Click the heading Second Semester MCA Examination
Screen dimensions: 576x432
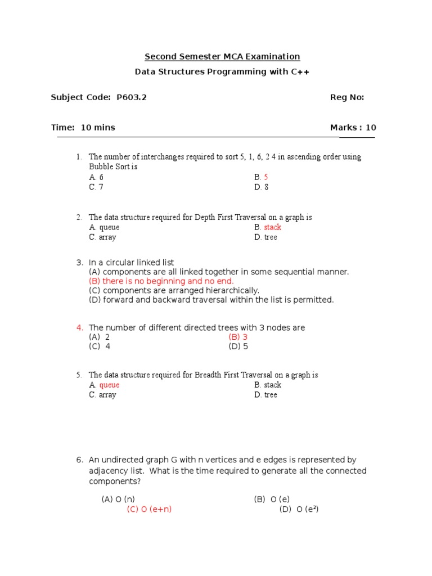(222, 56)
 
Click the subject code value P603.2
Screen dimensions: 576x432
(131, 97)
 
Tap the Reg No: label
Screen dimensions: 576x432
(347, 97)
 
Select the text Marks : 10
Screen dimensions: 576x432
(353, 128)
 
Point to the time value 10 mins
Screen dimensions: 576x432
(98, 128)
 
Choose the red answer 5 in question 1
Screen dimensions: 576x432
(266, 177)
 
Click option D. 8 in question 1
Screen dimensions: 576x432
(261, 187)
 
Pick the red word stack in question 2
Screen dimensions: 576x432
(273, 227)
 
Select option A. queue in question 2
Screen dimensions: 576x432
(104, 227)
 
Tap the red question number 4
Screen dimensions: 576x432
(80, 328)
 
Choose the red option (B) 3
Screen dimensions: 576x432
(238, 337)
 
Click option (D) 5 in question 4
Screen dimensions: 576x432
(238, 346)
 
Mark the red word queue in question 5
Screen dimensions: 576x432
(109, 385)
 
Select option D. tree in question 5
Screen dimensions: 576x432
(265, 395)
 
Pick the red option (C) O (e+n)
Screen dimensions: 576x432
(149, 509)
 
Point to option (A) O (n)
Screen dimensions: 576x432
(118, 499)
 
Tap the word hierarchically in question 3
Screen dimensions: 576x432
(231, 290)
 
